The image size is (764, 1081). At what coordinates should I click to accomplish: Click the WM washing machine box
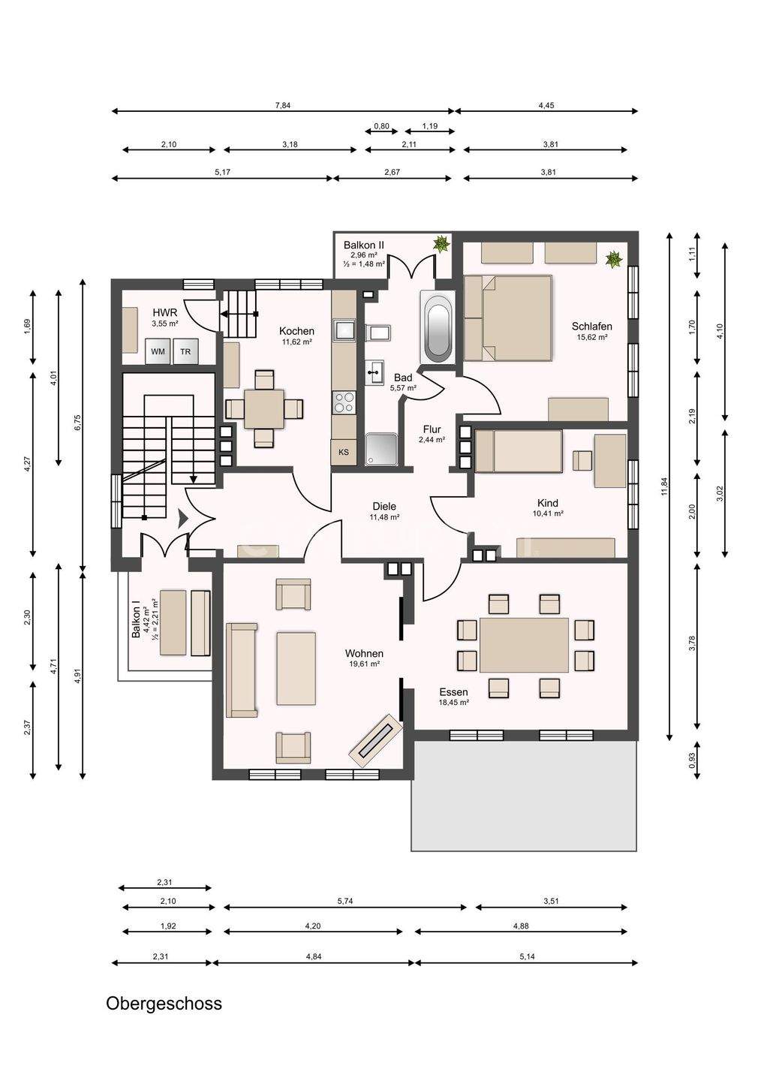pos(158,351)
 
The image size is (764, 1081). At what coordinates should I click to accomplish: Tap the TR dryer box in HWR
pos(185,351)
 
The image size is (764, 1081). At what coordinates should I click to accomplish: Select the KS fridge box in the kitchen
pos(344,452)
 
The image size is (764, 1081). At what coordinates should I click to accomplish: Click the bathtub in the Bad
pos(437,327)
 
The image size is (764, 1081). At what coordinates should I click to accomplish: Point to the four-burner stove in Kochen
pos(344,402)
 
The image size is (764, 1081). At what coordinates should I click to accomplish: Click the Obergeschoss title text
pos(164,1003)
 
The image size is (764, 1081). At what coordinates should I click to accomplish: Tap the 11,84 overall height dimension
pos(665,486)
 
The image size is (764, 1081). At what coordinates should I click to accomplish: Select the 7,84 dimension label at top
pos(283,105)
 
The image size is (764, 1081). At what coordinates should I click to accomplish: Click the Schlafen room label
pos(592,327)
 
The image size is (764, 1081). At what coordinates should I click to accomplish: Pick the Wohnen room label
pos(364,653)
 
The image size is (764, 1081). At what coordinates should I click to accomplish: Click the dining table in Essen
pos(525,645)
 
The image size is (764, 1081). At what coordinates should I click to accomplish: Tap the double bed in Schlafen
pos(508,318)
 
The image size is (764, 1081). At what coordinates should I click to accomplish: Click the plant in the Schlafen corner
pos(614,259)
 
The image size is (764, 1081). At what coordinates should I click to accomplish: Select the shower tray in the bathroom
pos(381,449)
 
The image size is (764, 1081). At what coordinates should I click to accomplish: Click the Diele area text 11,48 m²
pos(384,516)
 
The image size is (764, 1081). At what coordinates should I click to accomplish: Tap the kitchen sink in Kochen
pos(344,330)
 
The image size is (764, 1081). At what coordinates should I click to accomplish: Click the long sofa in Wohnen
pos(242,670)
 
